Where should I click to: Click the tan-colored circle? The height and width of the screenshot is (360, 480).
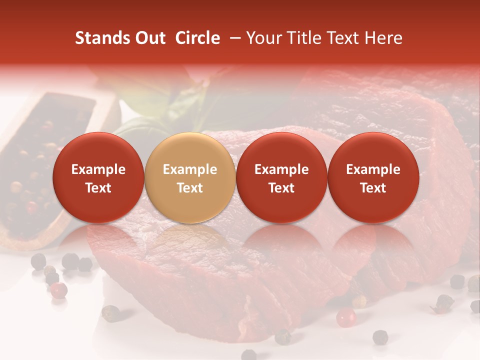tap(189, 177)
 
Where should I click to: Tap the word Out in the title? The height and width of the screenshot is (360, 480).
tap(149, 38)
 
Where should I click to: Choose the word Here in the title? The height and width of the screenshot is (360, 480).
tap(383, 38)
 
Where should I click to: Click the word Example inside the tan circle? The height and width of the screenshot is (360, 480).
tap(189, 169)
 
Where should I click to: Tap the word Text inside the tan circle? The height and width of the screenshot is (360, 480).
tap(189, 188)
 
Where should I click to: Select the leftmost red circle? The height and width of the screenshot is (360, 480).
tap(98, 177)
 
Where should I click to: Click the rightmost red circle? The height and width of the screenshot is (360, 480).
tap(373, 177)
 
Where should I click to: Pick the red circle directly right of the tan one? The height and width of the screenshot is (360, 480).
tap(281, 177)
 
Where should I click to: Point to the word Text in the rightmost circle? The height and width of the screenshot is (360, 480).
tap(373, 188)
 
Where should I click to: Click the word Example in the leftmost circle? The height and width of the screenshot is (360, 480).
tap(98, 169)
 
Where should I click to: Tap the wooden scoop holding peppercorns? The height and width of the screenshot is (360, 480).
tap(40, 165)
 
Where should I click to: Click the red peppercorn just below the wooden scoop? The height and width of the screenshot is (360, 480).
tap(59, 289)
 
